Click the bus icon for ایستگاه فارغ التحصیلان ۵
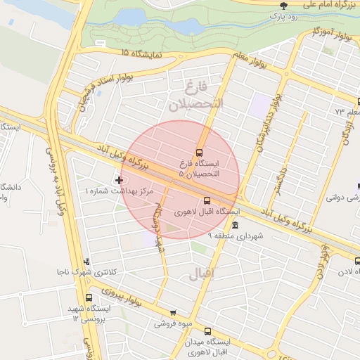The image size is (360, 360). coord(199,152)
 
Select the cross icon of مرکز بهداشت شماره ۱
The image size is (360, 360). coord(117,181)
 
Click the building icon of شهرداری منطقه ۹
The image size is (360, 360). coord(234,225)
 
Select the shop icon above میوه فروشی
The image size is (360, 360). coord(173,313)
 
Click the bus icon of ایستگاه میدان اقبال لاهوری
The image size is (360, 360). coord(207,331)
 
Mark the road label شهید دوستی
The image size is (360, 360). coord(159,225)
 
